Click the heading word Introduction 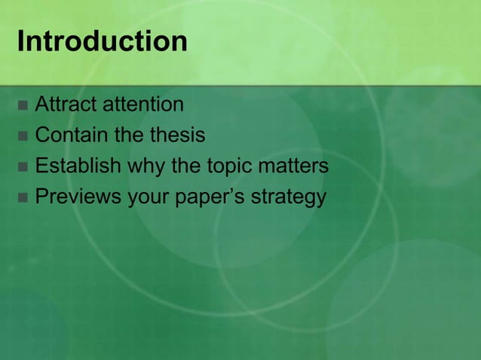click(x=102, y=41)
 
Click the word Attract click(x=66, y=104)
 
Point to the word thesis click(x=176, y=136)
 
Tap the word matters click(x=295, y=166)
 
